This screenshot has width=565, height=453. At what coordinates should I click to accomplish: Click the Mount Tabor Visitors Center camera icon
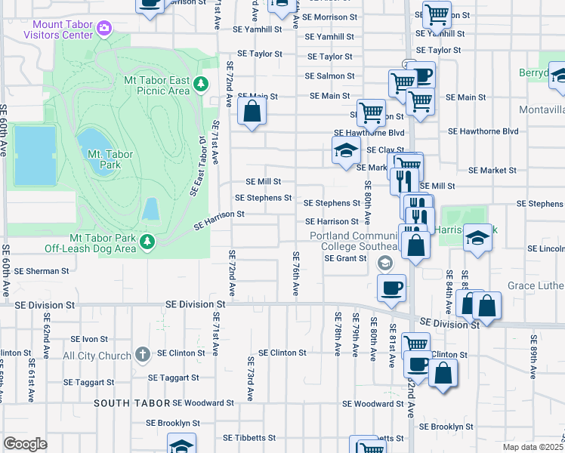point(104,29)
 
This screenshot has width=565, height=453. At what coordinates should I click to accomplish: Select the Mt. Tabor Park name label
point(110,159)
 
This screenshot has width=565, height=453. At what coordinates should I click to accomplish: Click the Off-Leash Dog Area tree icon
point(149,242)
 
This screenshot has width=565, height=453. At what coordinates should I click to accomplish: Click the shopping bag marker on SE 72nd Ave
point(252,112)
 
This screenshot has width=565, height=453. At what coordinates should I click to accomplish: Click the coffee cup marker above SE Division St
point(391,288)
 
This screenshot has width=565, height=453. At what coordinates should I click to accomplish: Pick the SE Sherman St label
point(41,270)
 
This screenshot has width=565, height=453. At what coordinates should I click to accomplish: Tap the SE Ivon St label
point(90,340)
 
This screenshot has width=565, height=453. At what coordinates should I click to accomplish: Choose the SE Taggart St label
point(173,377)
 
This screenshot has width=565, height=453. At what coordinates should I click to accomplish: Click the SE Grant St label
point(345,258)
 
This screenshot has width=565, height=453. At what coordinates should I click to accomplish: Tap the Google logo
point(25,444)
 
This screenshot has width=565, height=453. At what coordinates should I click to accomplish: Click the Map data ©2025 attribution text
point(533,447)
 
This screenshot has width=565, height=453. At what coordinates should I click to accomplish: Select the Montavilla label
point(542,110)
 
